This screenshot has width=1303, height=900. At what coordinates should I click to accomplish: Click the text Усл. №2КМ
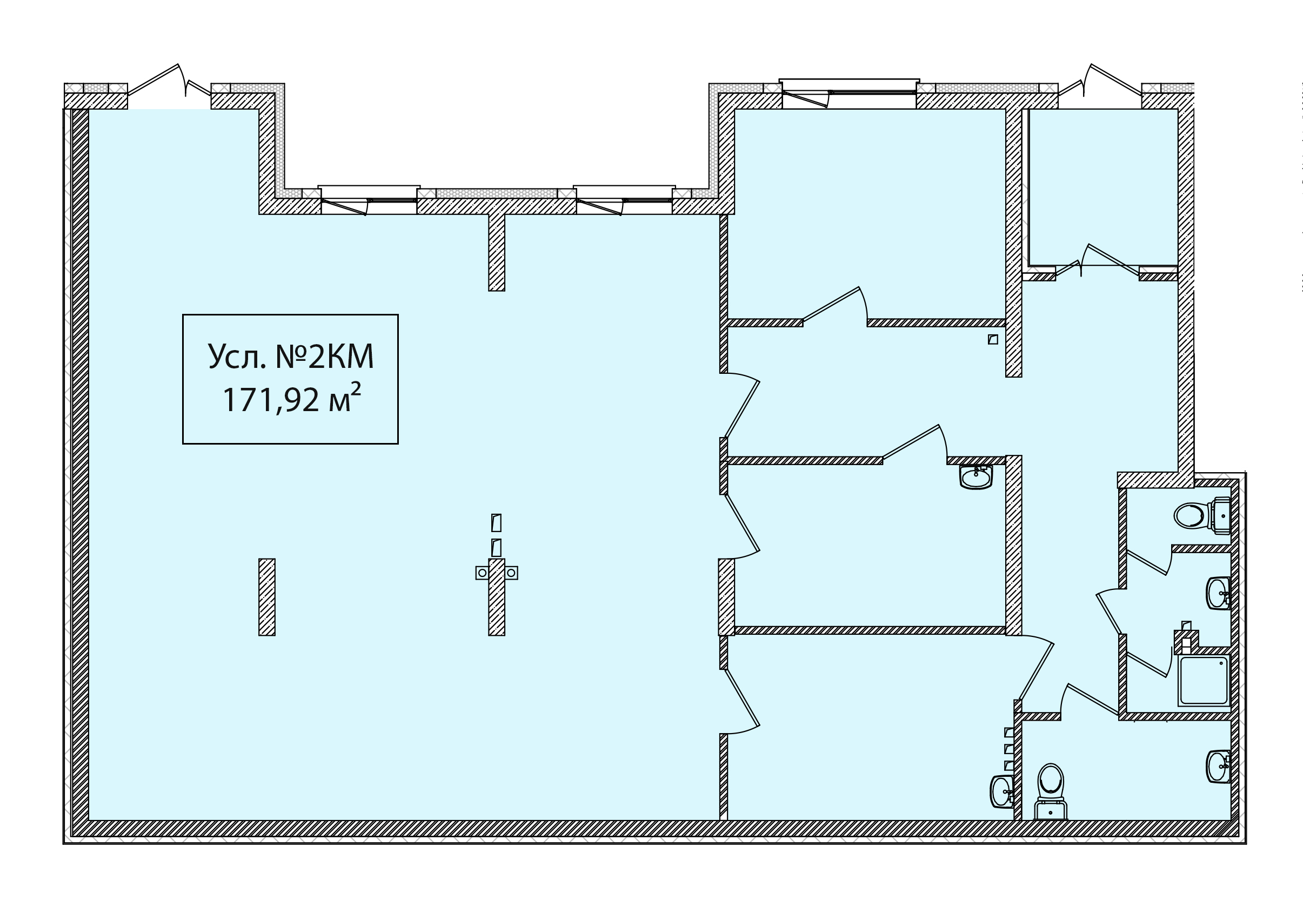point(291,357)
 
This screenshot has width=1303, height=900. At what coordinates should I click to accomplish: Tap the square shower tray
point(1204,680)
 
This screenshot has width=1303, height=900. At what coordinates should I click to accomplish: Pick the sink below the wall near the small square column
point(976,478)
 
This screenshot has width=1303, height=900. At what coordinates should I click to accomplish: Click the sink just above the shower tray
point(1218,593)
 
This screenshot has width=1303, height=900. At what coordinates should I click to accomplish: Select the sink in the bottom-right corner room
point(1218,767)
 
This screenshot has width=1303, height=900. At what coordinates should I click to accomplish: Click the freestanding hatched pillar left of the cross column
point(267,597)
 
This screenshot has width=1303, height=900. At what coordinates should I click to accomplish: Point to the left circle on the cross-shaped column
point(482,573)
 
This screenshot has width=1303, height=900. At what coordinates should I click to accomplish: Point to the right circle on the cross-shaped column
point(511,573)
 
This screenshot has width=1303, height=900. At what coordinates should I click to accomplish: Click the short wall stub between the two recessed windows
point(496,252)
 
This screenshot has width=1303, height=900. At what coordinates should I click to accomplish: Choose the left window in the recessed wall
point(369,200)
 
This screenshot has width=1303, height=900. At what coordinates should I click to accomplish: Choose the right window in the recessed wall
point(624,200)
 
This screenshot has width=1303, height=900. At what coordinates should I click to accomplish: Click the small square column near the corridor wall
point(993,339)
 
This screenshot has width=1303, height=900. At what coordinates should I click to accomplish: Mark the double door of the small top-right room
point(1097,261)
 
